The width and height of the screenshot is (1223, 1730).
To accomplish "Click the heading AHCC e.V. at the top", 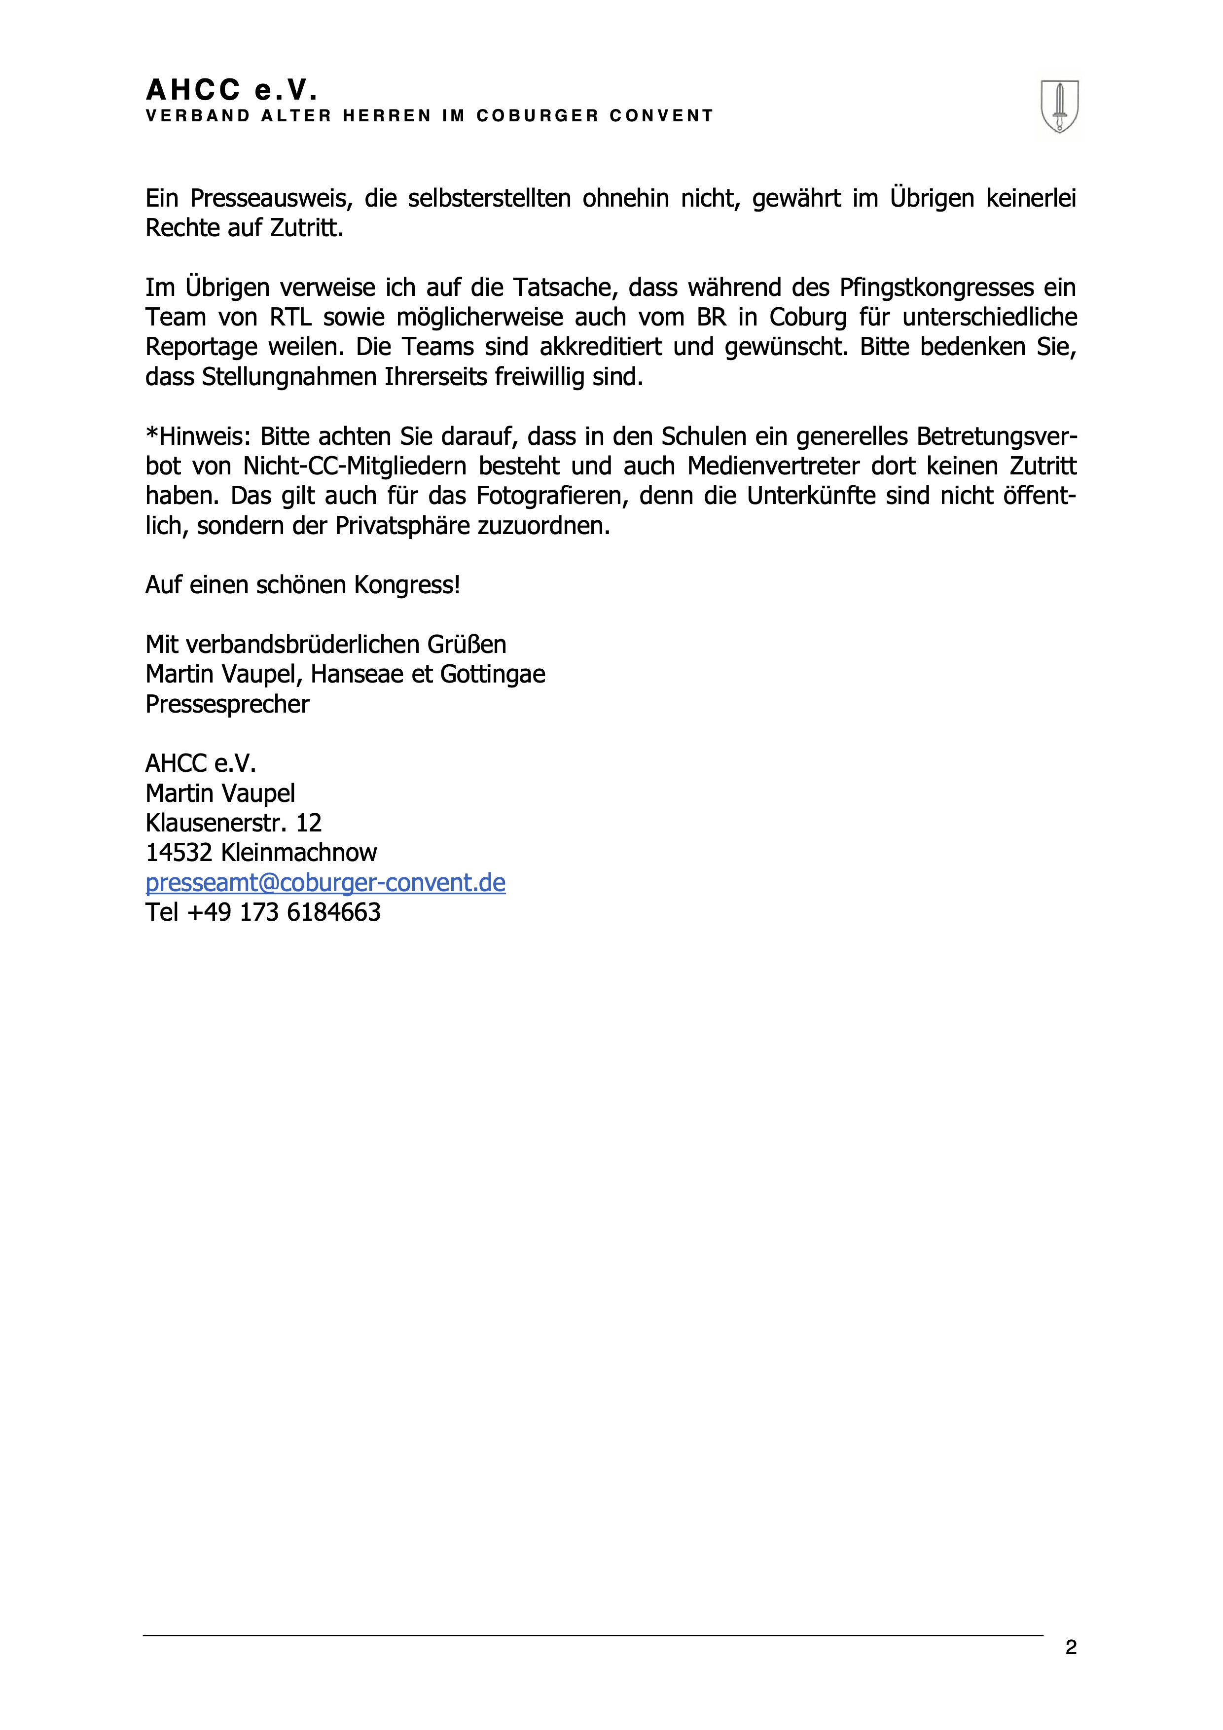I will pos(231,90).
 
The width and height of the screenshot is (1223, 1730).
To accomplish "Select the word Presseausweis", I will pos(270,198).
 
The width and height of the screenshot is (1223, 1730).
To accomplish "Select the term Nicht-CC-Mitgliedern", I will pos(354,467).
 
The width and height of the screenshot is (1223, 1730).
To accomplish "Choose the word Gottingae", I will pos(492,674).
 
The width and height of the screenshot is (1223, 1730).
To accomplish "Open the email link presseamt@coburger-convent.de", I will pos(325,882).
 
